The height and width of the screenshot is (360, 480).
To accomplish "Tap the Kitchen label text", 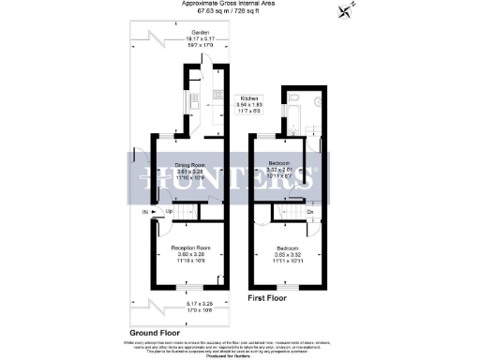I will coord(248,97).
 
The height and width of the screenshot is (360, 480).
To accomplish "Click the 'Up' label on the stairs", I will coord(169,212).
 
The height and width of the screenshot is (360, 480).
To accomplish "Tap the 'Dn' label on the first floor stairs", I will coord(309,212).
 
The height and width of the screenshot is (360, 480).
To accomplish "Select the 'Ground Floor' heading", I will coord(155,333).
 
